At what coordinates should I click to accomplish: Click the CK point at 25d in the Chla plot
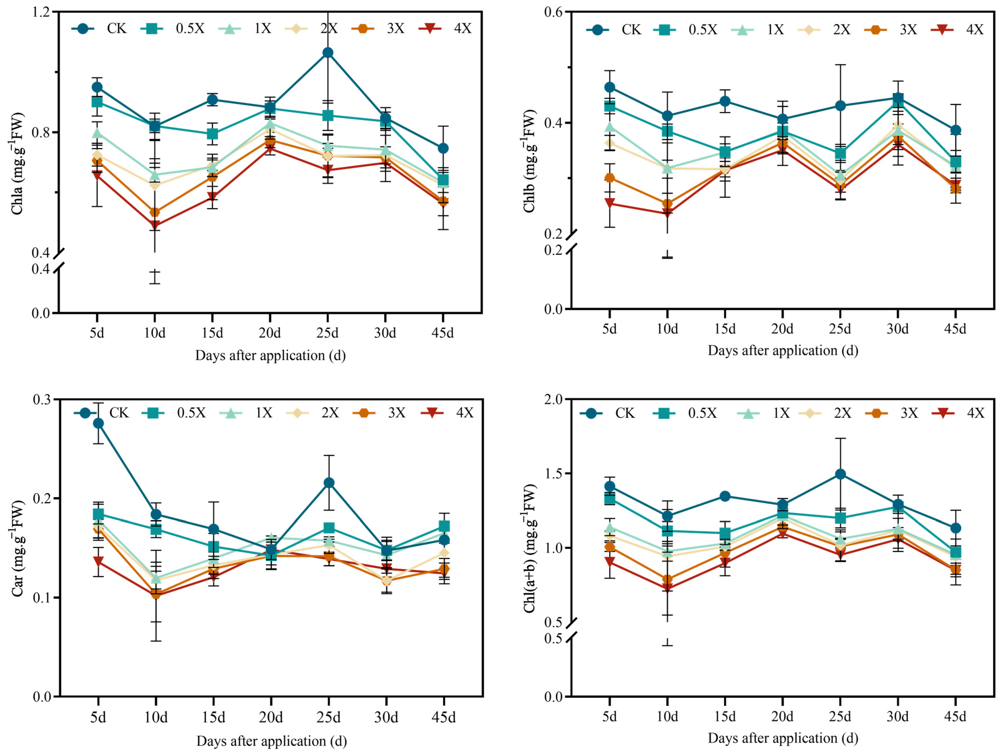(x=327, y=53)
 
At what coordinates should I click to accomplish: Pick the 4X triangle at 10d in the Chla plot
(x=155, y=225)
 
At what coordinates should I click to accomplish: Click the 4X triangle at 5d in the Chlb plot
(x=610, y=203)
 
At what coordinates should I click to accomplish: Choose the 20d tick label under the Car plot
(x=271, y=717)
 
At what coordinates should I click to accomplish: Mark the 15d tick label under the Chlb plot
(x=725, y=329)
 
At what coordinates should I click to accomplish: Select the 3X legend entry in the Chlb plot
(x=890, y=30)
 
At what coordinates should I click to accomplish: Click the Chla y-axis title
(x=17, y=163)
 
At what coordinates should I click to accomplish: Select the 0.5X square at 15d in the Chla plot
(x=212, y=134)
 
